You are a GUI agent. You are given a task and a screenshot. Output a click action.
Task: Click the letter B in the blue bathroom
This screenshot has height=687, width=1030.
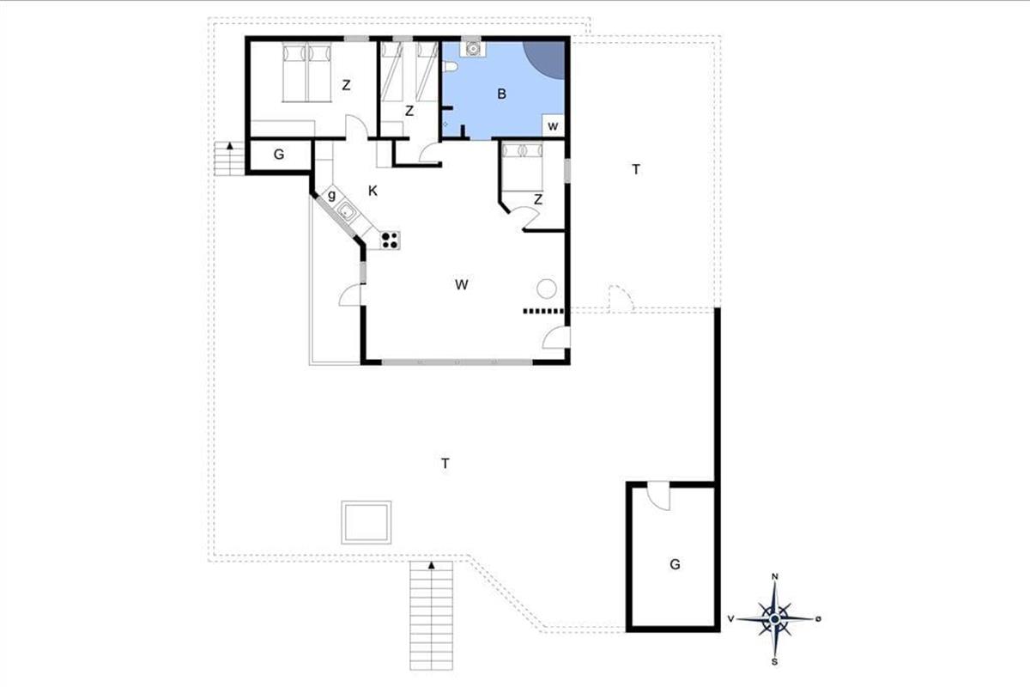pyautogui.click(x=501, y=94)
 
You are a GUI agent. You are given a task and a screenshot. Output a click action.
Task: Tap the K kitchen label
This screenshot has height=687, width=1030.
pyautogui.click(x=373, y=191)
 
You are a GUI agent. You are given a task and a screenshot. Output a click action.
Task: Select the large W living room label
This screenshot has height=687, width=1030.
pyautogui.click(x=462, y=285)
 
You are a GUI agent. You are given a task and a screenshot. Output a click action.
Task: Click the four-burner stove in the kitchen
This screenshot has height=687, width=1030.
pyautogui.click(x=390, y=240)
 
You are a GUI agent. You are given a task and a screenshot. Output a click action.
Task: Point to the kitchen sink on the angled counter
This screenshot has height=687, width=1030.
pyautogui.click(x=346, y=212)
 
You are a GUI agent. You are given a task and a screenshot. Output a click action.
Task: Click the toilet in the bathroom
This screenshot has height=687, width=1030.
pyautogui.click(x=450, y=67)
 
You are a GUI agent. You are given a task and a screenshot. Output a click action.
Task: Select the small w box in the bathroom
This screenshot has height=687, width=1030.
pyautogui.click(x=553, y=125)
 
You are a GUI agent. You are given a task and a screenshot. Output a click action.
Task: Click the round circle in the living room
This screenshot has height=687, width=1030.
pyautogui.click(x=547, y=289)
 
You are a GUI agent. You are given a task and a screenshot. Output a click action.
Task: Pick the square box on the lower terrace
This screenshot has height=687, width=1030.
pyautogui.click(x=366, y=522)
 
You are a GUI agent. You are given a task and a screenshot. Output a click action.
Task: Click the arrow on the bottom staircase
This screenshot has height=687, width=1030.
pyautogui.click(x=431, y=566)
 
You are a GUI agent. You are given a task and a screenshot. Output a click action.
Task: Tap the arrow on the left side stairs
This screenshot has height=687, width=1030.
pyautogui.click(x=229, y=146)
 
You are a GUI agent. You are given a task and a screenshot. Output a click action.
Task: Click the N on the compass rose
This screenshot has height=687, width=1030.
pyautogui.click(x=775, y=576)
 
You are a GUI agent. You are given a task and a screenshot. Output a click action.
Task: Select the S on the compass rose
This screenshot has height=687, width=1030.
pyautogui.click(x=775, y=662)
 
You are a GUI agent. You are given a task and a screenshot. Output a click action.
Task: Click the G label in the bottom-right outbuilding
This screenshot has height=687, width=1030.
pyautogui.click(x=675, y=564)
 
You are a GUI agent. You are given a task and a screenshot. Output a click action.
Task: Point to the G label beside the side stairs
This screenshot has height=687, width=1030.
pyautogui.click(x=279, y=155)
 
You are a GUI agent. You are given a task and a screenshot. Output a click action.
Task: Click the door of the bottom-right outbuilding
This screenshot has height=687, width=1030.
pyautogui.click(x=659, y=496)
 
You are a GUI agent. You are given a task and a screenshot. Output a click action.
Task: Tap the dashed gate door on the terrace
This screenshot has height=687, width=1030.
pyautogui.click(x=621, y=299)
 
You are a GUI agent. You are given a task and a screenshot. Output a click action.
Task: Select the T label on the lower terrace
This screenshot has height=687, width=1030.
pyautogui.click(x=445, y=464)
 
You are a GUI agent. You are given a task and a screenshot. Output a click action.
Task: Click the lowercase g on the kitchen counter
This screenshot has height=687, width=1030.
pyautogui.click(x=331, y=196)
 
